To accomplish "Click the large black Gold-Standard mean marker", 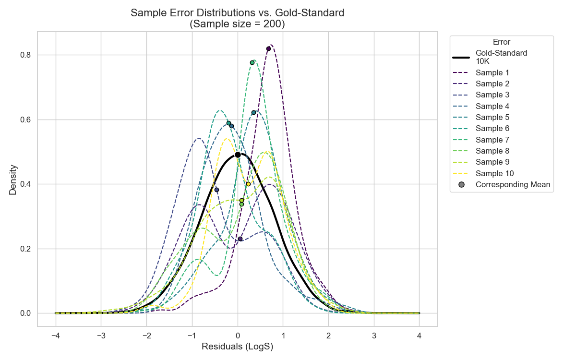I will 238,155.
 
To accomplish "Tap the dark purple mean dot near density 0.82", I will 268,48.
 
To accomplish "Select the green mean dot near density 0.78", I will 252,62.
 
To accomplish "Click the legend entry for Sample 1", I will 492,73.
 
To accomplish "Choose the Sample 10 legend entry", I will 494,173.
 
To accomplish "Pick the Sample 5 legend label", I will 492,118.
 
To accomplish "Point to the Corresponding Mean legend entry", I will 513,184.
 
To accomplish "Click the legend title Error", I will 502,42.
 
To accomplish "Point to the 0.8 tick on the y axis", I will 25,55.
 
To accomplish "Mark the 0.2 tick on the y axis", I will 25,249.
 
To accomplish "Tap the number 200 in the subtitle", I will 269,24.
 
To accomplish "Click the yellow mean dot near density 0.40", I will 248,184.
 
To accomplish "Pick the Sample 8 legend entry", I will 492,151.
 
